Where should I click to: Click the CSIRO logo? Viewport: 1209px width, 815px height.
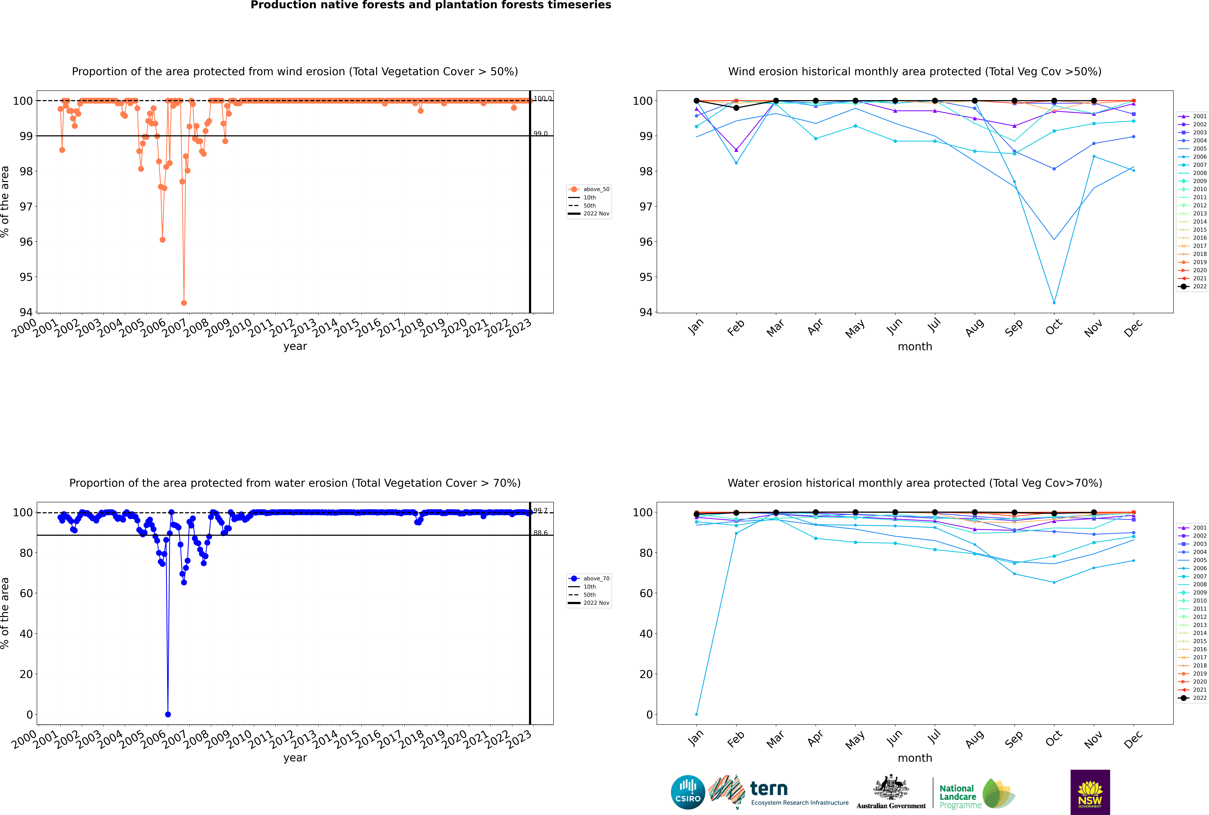coord(688,792)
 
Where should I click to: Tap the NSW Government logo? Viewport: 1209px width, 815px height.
coord(1090,792)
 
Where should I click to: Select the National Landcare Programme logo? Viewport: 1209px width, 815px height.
coord(976,794)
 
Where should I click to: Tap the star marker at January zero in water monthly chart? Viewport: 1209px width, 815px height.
coord(697,714)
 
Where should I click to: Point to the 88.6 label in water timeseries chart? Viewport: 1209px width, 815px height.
coord(541,533)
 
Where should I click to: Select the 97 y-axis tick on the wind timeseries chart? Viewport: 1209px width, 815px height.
coord(26,206)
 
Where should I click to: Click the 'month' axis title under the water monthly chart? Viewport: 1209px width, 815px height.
coord(915,758)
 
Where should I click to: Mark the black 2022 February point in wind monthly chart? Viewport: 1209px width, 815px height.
coord(736,108)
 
